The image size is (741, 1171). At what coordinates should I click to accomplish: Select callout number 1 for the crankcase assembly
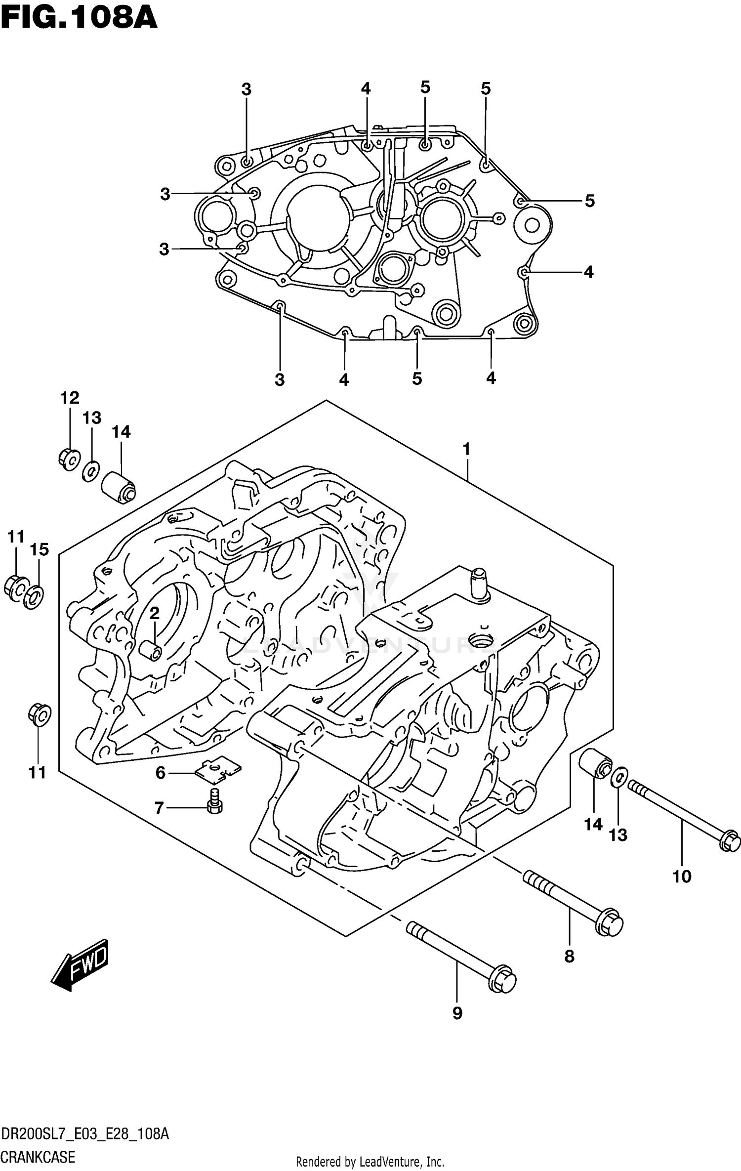466,450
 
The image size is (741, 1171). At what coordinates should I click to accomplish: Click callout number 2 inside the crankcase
154,613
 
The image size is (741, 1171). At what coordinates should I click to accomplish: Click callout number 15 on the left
40,549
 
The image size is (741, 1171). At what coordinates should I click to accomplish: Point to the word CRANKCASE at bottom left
38,1157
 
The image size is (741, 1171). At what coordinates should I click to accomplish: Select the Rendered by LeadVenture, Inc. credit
370,1162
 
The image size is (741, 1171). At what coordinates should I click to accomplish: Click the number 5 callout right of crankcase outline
589,201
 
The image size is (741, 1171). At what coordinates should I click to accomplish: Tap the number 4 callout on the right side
588,272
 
